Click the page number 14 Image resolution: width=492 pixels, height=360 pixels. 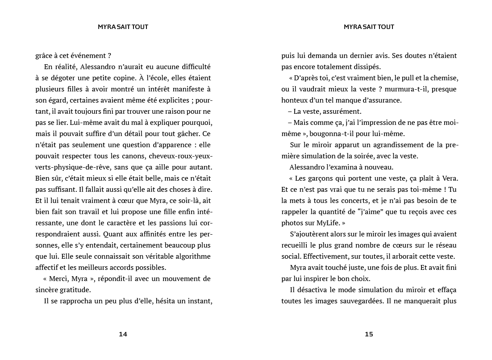[123, 334]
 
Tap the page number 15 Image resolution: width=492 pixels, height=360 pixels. [369, 334]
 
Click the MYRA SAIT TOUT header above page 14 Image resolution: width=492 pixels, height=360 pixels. [123, 27]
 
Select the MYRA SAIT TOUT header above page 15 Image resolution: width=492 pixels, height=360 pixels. [369, 27]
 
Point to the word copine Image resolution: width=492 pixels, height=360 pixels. [131, 78]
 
